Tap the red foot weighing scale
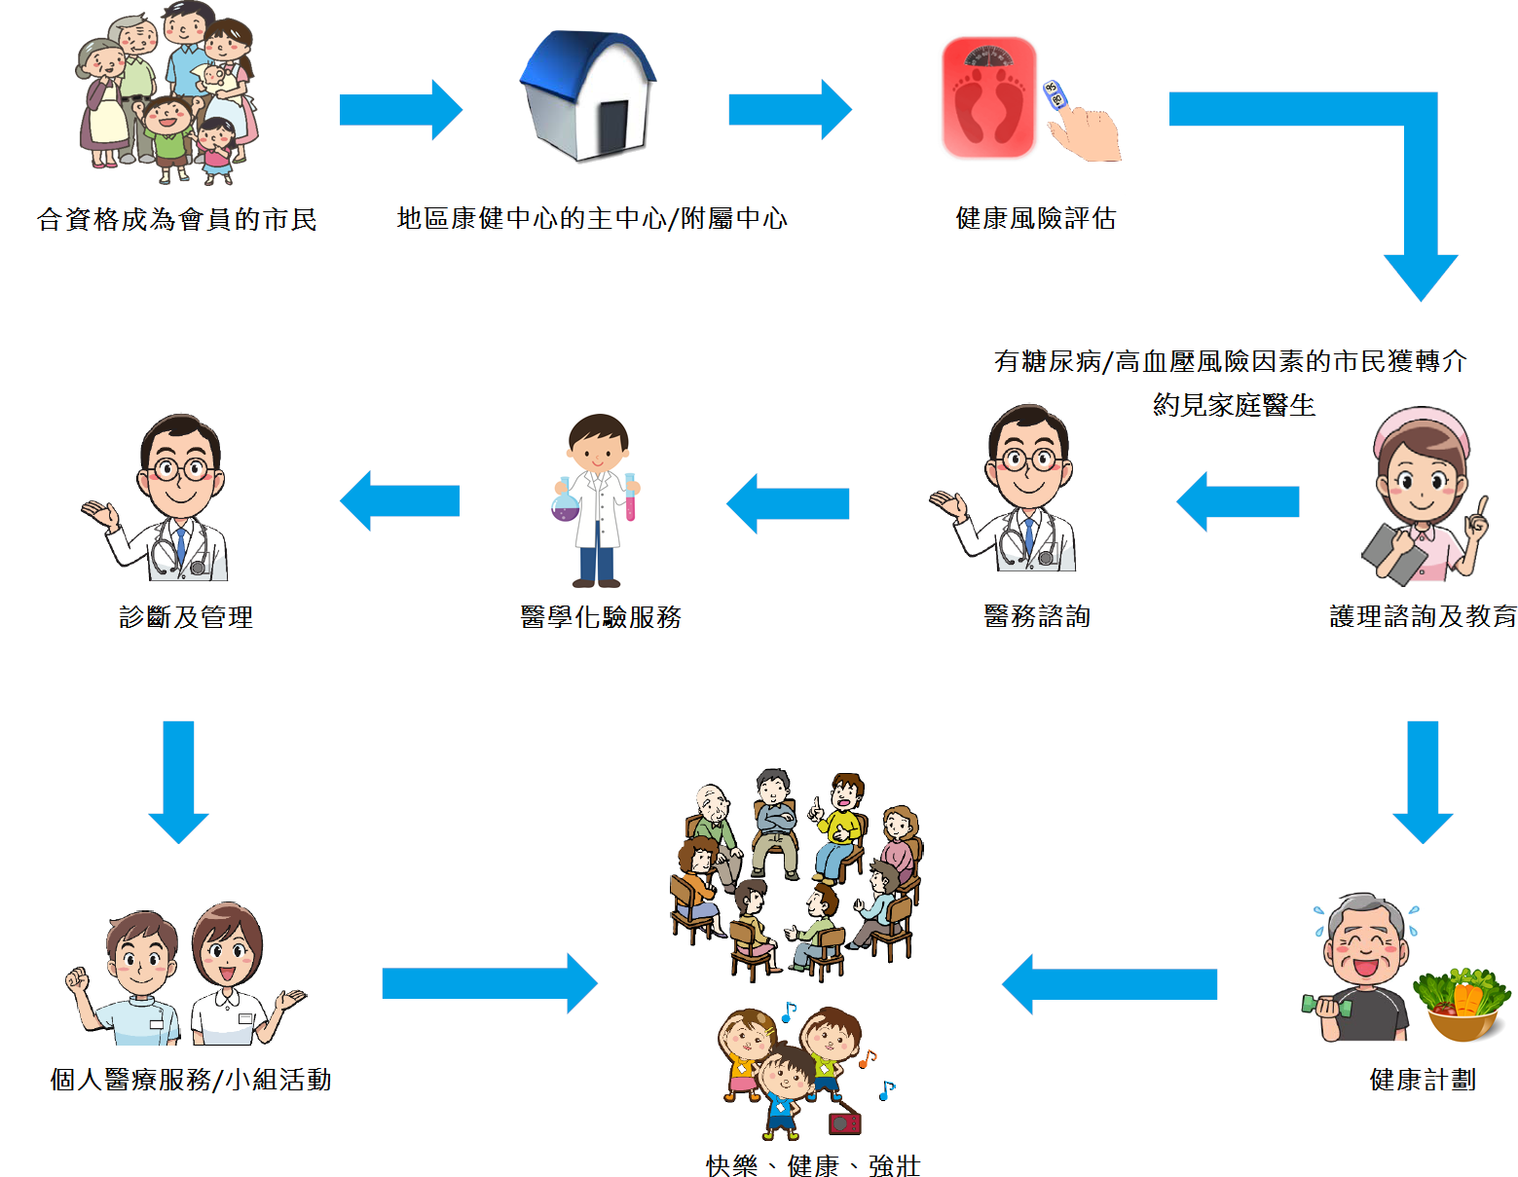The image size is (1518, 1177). coord(987,98)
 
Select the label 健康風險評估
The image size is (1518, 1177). coord(1035,218)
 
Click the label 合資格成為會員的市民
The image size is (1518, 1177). coord(177,219)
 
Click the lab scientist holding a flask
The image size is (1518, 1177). coord(598,500)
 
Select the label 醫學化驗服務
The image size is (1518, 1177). coord(601,617)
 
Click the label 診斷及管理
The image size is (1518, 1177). coord(186,617)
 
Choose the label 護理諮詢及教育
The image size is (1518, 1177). coord(1423,616)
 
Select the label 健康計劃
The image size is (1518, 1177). coord(1423,1080)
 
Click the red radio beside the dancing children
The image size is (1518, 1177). coord(844,1123)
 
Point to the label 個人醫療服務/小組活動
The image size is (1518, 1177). coord(191,1080)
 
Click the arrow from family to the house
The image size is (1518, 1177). coord(400,110)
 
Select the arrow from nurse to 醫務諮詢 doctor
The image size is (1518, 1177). coord(1238,501)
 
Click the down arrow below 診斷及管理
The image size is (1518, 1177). coord(178,780)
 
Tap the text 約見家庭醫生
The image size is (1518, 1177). coord(1234,405)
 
